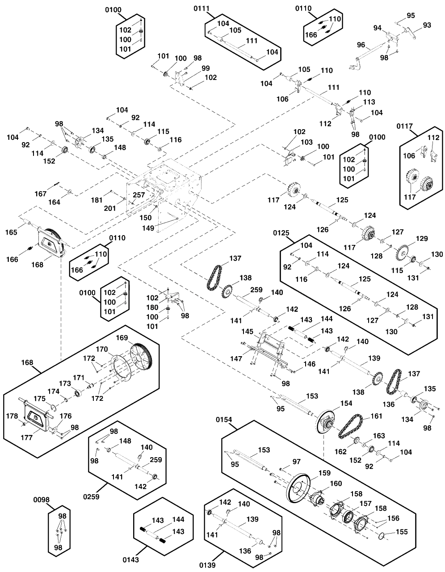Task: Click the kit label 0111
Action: coord(202,8)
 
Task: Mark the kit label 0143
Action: coord(131,559)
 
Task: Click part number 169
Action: coord(122,337)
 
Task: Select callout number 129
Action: coord(409,238)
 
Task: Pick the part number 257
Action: coord(139,195)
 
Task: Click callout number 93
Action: coord(427,25)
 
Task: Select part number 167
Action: coord(41,193)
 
